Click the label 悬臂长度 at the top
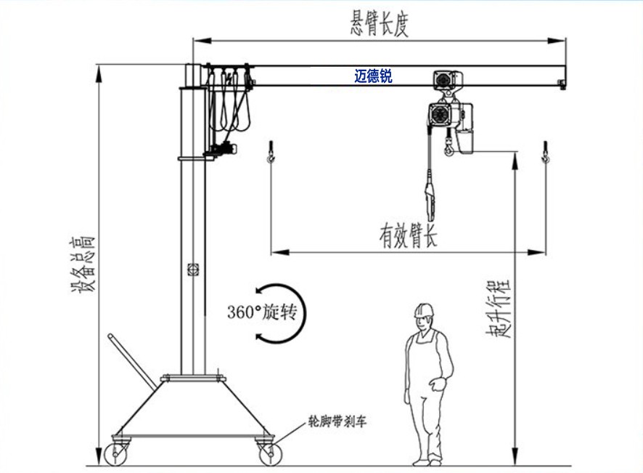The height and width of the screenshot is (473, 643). (379, 24)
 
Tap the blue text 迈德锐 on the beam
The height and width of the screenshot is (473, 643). (373, 76)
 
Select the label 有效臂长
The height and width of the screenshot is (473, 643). (408, 235)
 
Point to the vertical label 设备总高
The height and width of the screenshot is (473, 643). (83, 264)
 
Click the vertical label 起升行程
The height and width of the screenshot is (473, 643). (499, 308)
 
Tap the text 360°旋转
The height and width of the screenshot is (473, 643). (262, 312)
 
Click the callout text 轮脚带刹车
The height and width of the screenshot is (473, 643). (337, 421)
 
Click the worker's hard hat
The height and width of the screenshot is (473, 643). (424, 310)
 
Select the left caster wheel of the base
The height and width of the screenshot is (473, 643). (116, 453)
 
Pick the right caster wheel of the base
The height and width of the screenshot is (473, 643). (271, 453)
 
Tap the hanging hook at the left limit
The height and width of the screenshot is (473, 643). (271, 152)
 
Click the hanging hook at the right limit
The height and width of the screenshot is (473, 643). (546, 152)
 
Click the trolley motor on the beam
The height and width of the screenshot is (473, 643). (448, 80)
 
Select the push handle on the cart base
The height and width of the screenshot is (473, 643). (132, 361)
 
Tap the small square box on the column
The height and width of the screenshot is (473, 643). (193, 270)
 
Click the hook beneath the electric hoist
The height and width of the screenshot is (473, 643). (449, 147)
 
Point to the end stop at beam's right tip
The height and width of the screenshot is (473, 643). (562, 84)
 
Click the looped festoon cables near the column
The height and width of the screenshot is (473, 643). (229, 100)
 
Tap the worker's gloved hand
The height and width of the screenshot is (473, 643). (438, 384)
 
